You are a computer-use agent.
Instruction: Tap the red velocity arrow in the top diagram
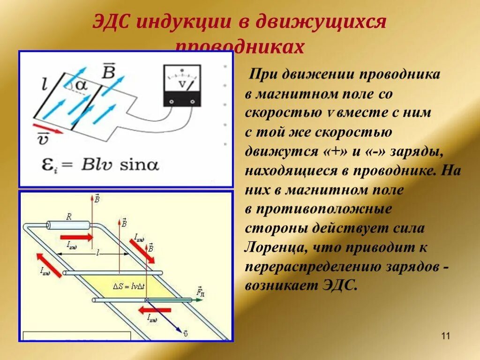[49, 127]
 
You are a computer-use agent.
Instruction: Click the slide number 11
[445, 336]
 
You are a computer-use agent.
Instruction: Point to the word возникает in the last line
[278, 285]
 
